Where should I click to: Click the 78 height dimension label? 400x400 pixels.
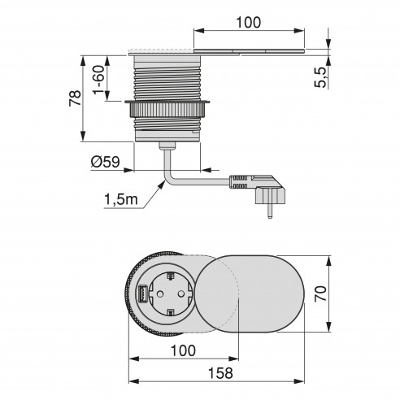[x=75, y=98]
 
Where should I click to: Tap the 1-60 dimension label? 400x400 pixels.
[x=98, y=80]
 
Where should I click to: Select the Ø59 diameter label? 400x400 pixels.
[x=106, y=162]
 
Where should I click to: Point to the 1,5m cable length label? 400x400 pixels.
[x=121, y=200]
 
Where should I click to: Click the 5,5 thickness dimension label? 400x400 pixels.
[x=320, y=77]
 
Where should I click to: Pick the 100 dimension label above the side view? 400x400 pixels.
[x=249, y=23]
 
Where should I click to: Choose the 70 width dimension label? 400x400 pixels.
[x=321, y=293]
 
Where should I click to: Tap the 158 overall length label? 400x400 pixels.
[x=220, y=373]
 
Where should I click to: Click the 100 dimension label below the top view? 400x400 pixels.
[x=183, y=350]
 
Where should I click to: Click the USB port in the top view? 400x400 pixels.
[x=142, y=293]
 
